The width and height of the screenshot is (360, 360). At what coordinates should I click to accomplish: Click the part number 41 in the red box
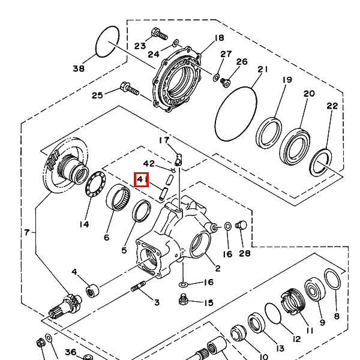point(142,179)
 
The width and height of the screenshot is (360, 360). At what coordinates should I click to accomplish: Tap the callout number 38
point(79,68)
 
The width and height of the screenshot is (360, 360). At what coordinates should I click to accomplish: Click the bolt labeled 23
point(159,34)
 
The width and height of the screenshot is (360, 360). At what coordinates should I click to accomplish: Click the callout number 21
point(262,70)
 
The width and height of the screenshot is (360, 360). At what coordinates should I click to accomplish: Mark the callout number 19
point(287,80)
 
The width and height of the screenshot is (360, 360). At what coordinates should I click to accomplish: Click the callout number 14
point(84,224)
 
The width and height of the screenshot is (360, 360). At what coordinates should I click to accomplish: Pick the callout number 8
point(336,316)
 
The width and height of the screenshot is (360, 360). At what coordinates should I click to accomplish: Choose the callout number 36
point(70,352)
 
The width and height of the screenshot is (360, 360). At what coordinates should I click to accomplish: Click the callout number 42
point(149,163)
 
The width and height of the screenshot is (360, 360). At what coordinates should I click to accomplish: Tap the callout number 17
point(164,141)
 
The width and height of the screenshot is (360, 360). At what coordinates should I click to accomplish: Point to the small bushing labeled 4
point(92,291)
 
